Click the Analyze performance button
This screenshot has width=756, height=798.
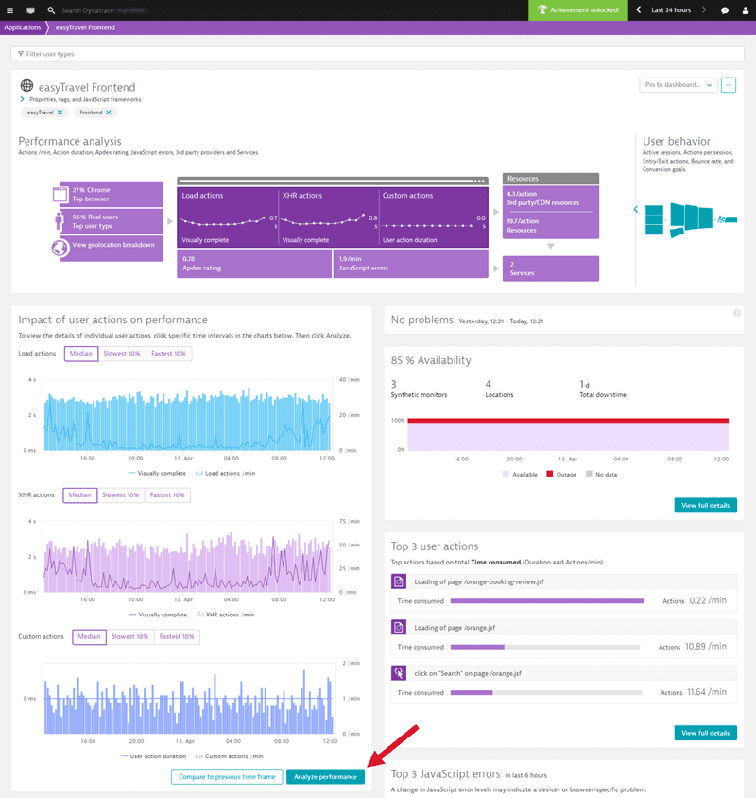(x=325, y=777)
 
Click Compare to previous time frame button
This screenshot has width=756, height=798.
(x=227, y=777)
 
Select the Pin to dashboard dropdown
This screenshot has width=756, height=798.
(x=678, y=85)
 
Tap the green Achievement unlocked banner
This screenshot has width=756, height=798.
(x=578, y=10)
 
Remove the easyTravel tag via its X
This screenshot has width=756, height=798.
(x=60, y=113)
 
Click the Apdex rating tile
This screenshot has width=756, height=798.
(x=252, y=264)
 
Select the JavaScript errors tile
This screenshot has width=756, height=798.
(x=410, y=264)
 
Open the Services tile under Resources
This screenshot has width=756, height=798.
(x=551, y=269)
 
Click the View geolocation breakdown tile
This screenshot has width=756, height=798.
(x=109, y=249)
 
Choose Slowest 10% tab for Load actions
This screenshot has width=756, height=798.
(x=122, y=354)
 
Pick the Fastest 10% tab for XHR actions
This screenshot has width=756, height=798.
(x=167, y=494)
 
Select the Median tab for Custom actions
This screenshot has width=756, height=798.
(x=89, y=636)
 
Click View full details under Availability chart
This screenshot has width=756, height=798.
(x=705, y=505)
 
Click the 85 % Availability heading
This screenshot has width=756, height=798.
(x=431, y=360)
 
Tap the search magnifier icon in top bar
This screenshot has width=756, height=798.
(x=51, y=10)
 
